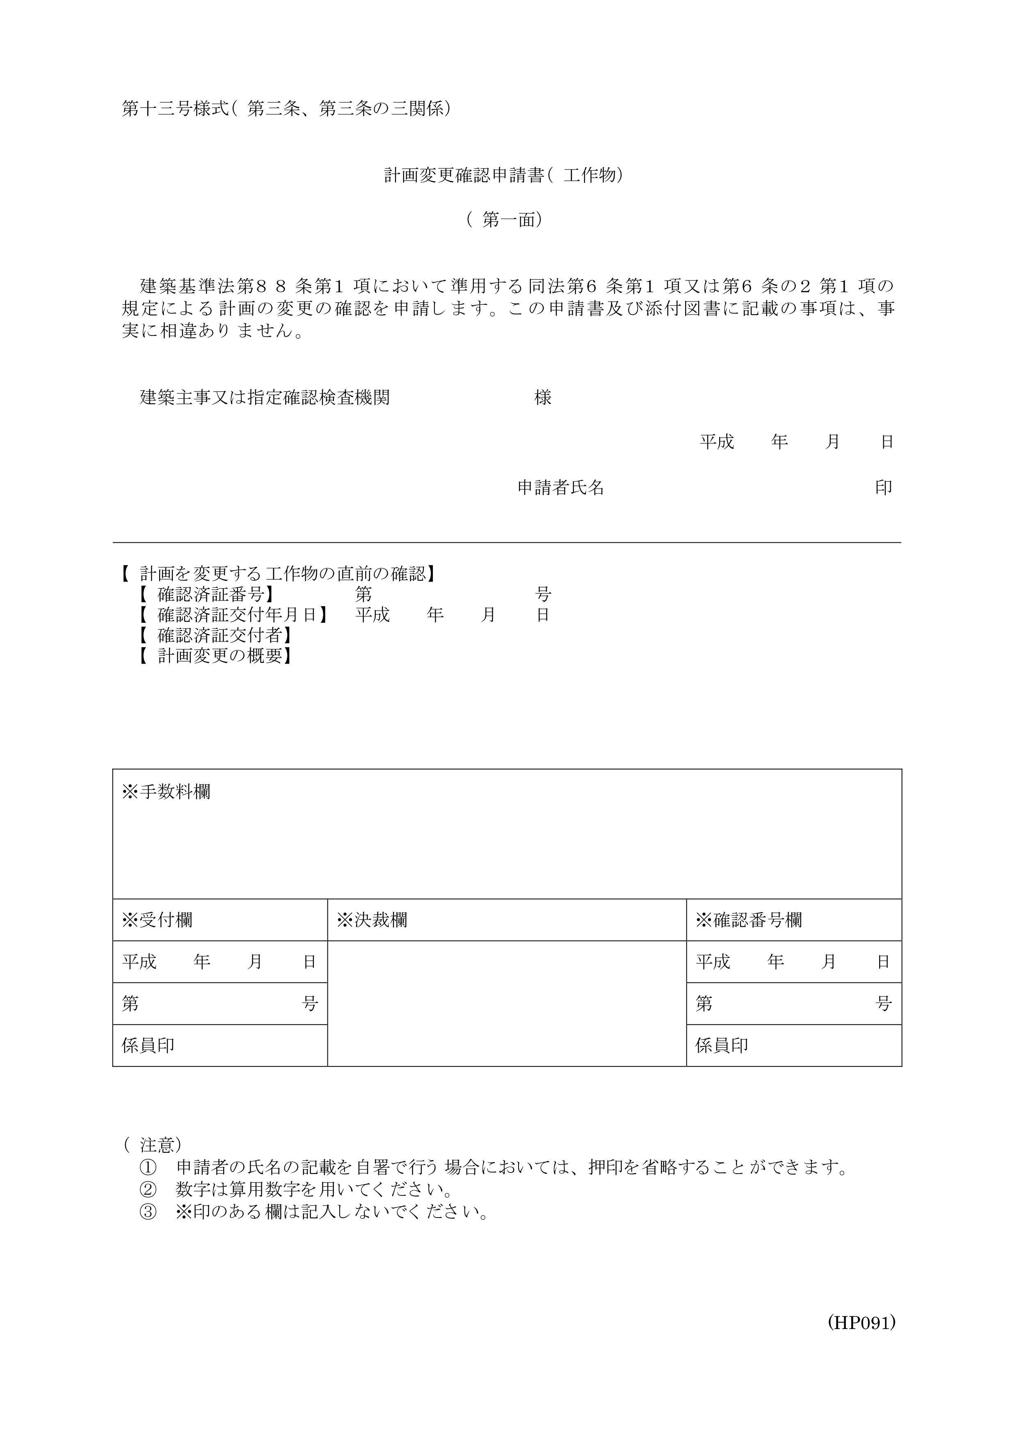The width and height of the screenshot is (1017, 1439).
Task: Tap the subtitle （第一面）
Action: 505,220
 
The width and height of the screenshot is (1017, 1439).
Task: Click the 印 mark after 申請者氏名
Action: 884,488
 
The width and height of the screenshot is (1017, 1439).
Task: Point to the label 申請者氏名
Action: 561,488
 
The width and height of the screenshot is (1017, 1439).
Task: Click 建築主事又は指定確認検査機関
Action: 265,397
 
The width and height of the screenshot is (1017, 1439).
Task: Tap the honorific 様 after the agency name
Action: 543,397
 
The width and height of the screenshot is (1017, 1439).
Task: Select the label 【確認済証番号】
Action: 207,594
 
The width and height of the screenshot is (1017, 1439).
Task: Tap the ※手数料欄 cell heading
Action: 166,792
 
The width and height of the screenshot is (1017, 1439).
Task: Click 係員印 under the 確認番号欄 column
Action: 722,1045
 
